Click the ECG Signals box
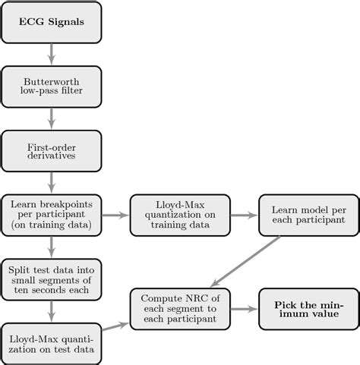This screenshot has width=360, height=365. (x=52, y=23)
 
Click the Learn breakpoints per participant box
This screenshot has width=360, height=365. (x=52, y=215)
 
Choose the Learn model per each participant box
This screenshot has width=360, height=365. (x=307, y=215)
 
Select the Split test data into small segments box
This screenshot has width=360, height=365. (x=52, y=280)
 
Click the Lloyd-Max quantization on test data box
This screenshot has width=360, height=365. (x=52, y=343)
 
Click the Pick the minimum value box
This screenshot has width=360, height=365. (x=307, y=309)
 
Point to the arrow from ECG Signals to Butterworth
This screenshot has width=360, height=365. (x=52, y=54)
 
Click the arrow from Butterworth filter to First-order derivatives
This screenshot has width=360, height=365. (x=52, y=118)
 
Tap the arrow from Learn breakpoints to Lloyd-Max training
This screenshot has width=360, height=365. (x=115, y=215)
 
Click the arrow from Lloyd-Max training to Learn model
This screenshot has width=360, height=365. (x=244, y=215)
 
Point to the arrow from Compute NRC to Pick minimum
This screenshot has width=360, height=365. (x=244, y=309)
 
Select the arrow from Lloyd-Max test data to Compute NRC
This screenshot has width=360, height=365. (x=115, y=326)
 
